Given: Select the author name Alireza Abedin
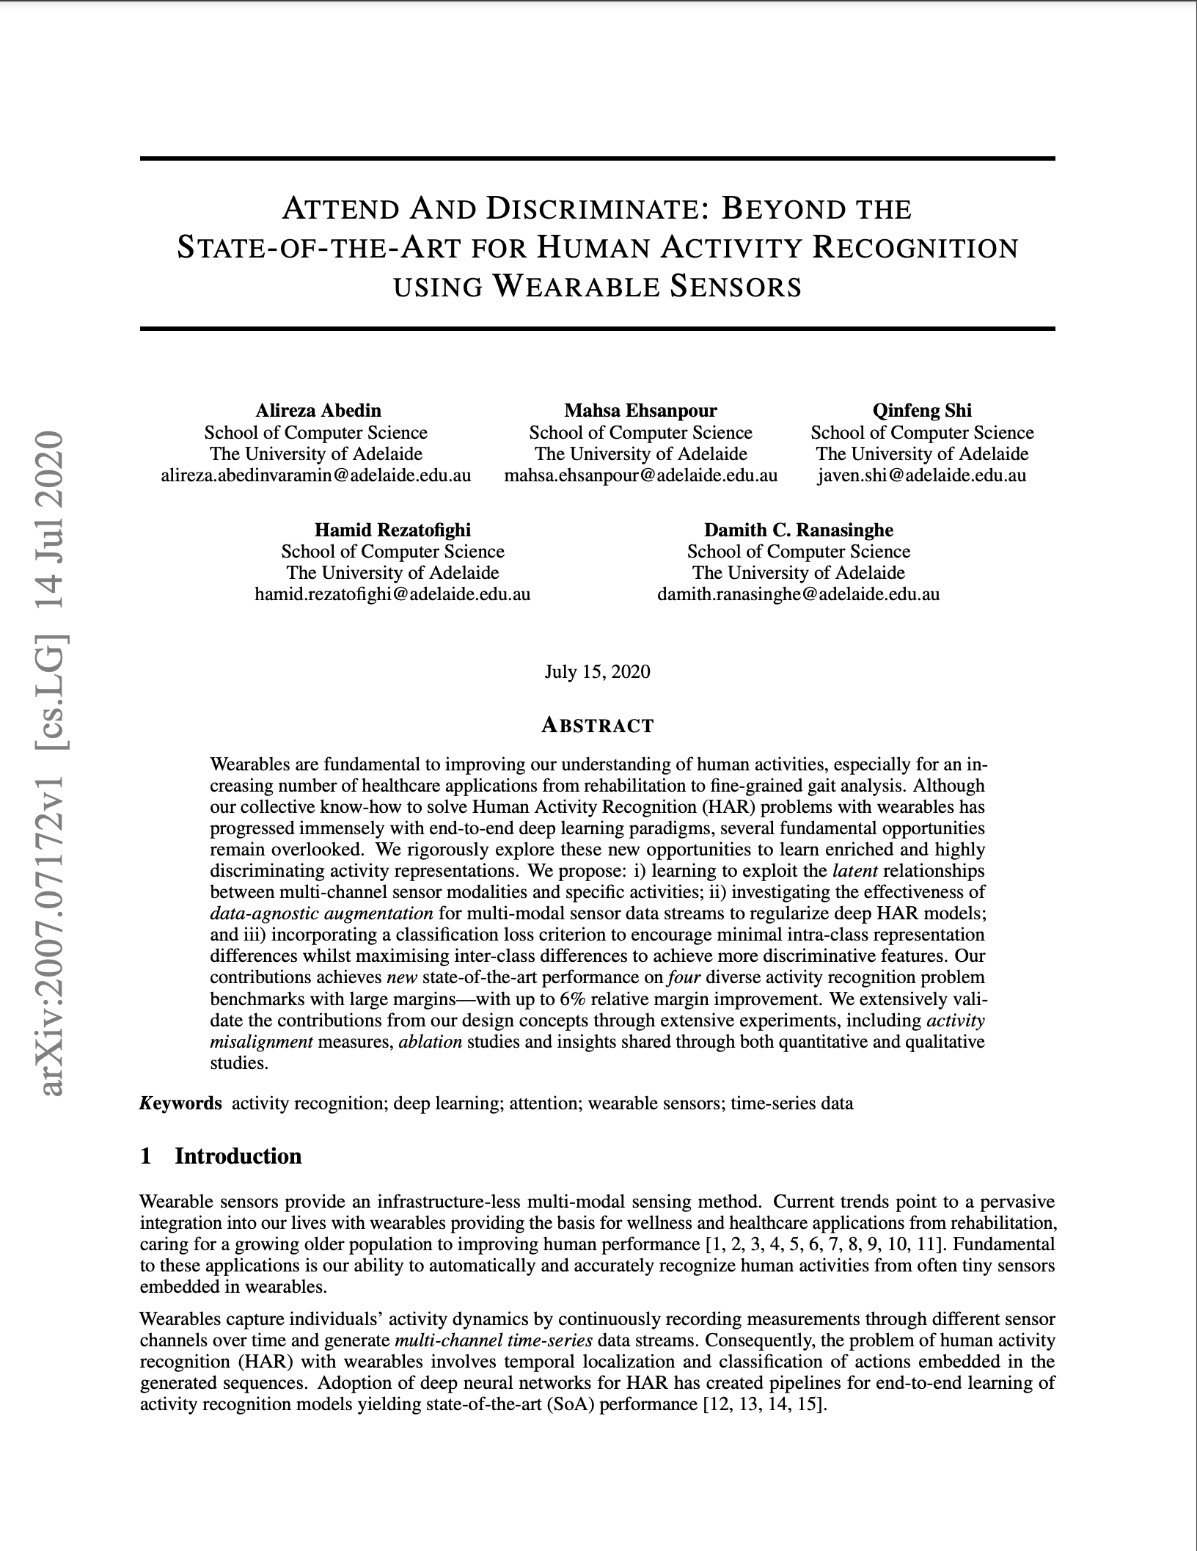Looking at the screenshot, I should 318,410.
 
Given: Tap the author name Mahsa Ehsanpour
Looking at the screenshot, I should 640,410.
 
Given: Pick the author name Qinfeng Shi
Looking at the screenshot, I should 922,410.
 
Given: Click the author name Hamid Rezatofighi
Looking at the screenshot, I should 392,530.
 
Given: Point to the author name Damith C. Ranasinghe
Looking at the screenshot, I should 799,530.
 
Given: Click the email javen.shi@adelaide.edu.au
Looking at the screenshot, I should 922,475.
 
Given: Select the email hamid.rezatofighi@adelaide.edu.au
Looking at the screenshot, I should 392,594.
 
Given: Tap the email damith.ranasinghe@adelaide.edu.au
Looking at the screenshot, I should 799,594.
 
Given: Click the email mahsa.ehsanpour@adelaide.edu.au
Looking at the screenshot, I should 640,475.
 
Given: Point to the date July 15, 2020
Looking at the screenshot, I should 597,672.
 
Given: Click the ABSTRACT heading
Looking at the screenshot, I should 597,726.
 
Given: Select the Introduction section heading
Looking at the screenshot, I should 238,1156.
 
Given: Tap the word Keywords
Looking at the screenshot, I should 180,1103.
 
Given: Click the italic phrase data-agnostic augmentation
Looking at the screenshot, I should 321,913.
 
